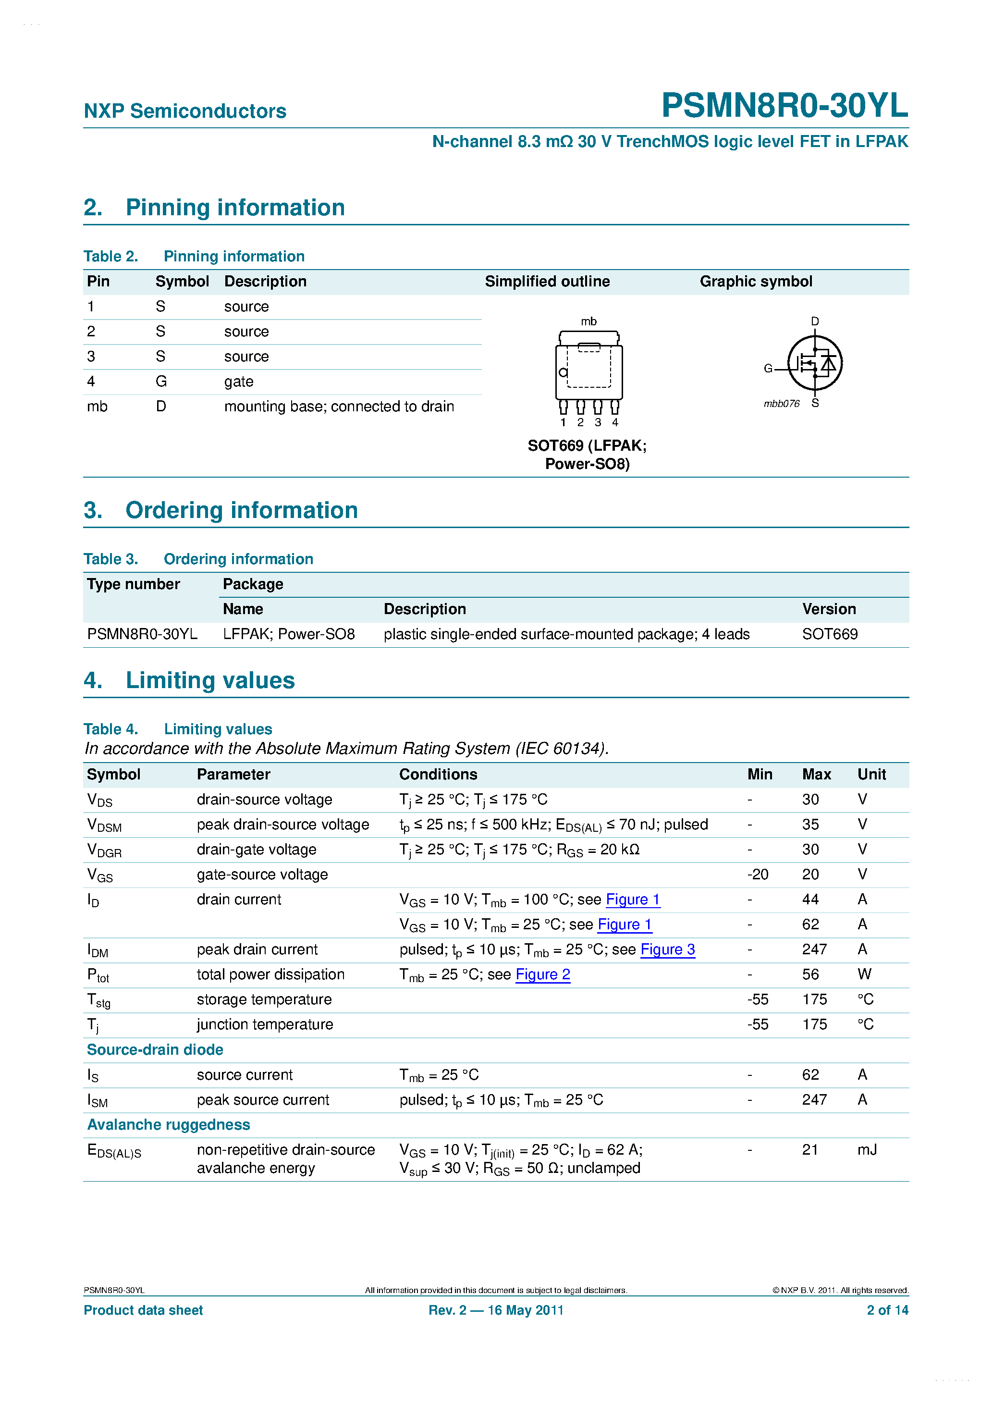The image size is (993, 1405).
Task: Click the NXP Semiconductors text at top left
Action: click(x=185, y=111)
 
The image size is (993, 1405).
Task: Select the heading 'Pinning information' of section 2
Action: click(x=235, y=208)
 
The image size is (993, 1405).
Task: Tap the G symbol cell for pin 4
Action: click(x=161, y=381)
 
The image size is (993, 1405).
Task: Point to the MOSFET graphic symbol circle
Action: click(x=814, y=363)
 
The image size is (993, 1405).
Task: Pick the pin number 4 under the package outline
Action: click(x=615, y=422)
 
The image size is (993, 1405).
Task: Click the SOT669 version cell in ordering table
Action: click(x=829, y=634)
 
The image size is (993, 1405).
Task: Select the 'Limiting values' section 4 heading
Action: click(x=210, y=680)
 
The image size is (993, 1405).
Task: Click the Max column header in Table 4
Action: click(x=816, y=774)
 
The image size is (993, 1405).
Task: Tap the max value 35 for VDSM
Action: click(x=810, y=824)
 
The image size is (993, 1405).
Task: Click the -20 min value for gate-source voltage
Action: click(x=758, y=875)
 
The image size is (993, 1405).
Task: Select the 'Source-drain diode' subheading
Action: click(x=155, y=1049)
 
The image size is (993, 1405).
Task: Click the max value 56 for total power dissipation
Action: click(x=810, y=974)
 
